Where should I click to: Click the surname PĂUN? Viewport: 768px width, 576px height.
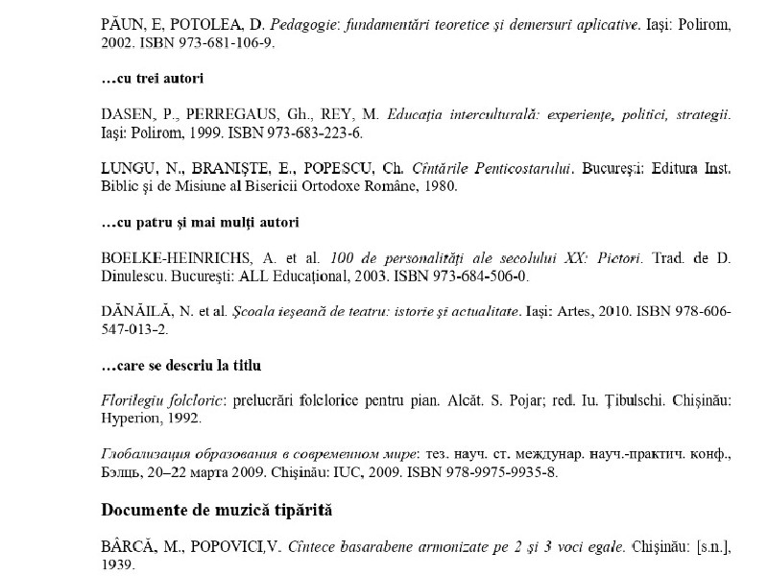[121, 22]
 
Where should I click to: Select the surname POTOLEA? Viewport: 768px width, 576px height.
[192, 22]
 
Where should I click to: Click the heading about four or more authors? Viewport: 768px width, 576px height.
[200, 223]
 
